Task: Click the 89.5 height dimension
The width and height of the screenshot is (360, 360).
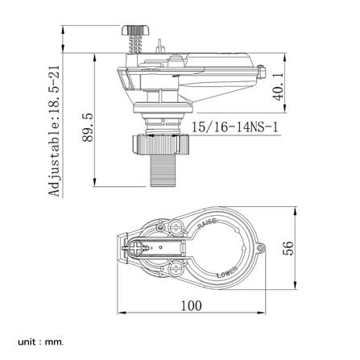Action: pyautogui.click(x=88, y=127)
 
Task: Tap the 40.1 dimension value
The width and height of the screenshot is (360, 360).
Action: pyautogui.click(x=279, y=86)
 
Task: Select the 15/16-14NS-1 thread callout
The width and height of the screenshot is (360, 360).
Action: pyautogui.click(x=234, y=127)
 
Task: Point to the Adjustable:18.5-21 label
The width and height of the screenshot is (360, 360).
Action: pyautogui.click(x=55, y=130)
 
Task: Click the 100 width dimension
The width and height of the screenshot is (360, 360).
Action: pyautogui.click(x=191, y=306)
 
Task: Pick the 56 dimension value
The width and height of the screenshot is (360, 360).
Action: pyautogui.click(x=288, y=248)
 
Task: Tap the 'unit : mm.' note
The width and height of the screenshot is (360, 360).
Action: pyautogui.click(x=41, y=342)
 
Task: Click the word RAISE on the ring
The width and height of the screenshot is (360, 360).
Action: pyautogui.click(x=207, y=224)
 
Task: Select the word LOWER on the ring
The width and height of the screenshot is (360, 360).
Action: pyautogui.click(x=227, y=272)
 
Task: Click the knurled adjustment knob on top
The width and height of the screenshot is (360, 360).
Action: pyautogui.click(x=136, y=30)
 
